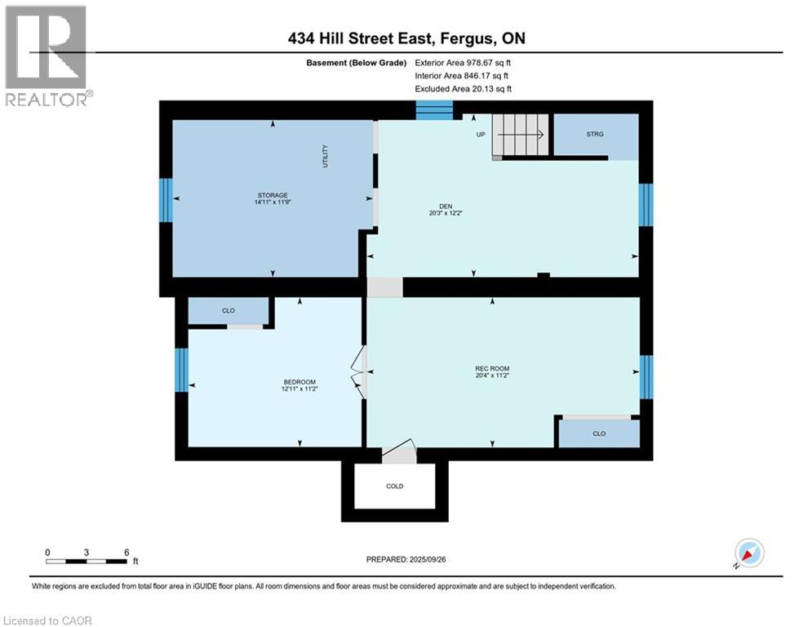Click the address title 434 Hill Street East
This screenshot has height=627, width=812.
405,39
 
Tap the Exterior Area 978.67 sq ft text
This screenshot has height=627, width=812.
464,62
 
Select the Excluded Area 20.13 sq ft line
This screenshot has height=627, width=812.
464,89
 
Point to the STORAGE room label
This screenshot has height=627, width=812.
273,196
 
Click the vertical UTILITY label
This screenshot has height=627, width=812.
325,156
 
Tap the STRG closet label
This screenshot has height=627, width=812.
595,134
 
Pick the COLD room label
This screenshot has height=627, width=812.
395,486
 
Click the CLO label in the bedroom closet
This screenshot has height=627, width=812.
229,311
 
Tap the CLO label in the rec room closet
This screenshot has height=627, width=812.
599,434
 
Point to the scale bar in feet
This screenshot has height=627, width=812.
87,560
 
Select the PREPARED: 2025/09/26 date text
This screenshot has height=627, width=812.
406,559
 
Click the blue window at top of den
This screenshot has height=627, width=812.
434,110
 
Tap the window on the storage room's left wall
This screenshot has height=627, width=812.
166,200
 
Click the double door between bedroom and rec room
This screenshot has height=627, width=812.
360,372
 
